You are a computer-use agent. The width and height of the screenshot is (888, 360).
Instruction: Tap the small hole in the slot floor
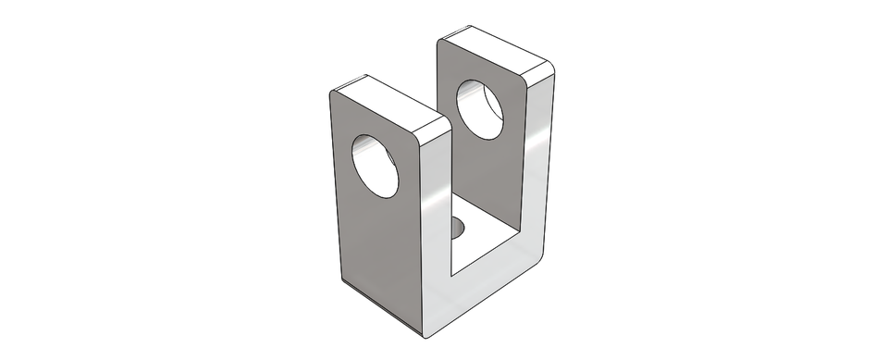coord(458,227)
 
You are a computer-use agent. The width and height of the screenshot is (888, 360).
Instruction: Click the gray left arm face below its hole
coord(375,241)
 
